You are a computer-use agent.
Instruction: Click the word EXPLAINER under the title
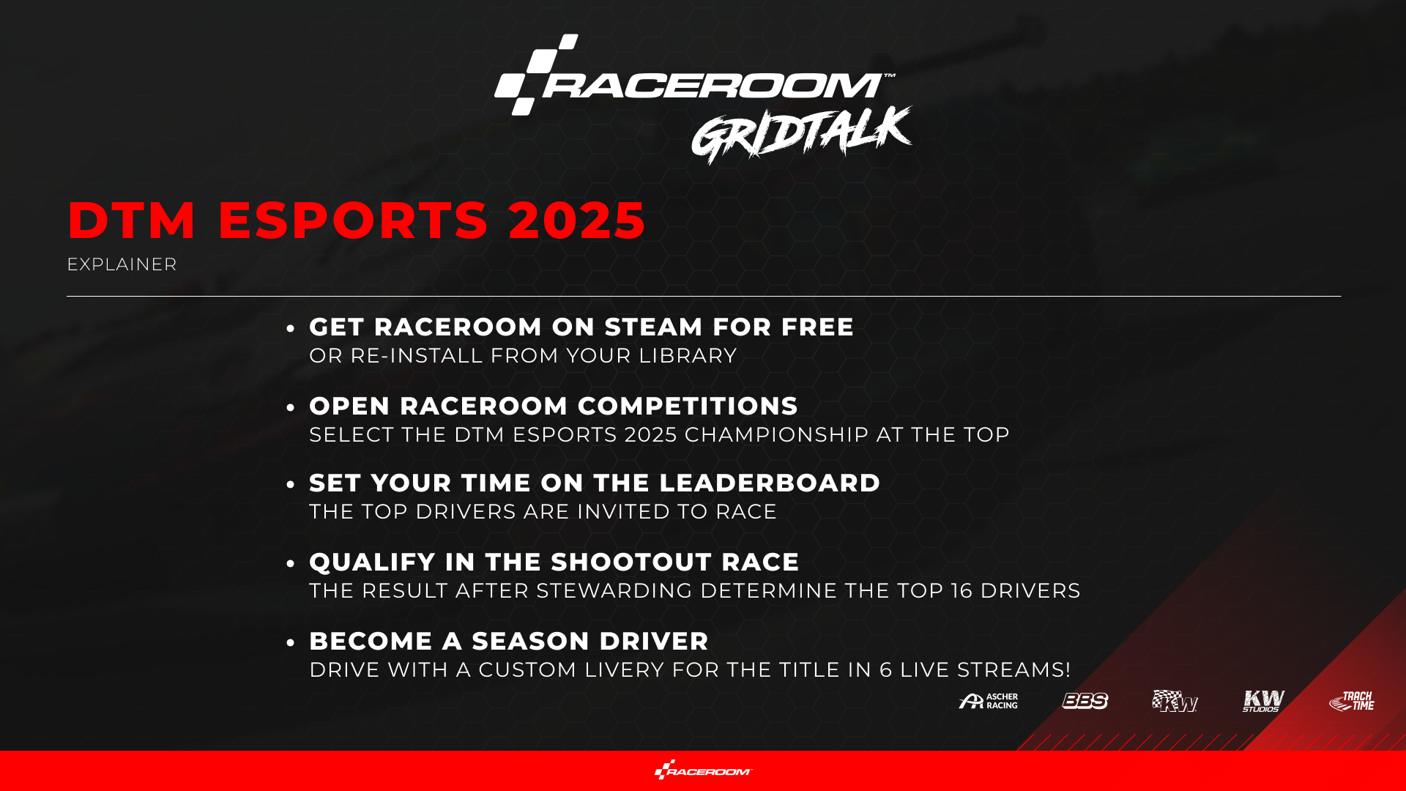point(122,264)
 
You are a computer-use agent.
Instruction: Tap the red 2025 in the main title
point(577,220)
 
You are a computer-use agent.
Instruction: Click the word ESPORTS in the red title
point(353,220)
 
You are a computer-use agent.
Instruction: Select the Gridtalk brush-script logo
point(802,135)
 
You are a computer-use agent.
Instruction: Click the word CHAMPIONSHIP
point(776,435)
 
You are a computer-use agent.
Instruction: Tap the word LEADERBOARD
point(770,483)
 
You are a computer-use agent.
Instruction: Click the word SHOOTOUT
point(631,562)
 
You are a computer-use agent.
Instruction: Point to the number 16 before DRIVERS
point(961,591)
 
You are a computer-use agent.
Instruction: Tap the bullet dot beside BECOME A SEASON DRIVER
point(291,643)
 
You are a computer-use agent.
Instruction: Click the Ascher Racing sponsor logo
point(988,702)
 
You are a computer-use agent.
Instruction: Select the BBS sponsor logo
point(1085,701)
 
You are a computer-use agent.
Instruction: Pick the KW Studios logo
point(1263,701)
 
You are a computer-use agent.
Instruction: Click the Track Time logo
point(1352,701)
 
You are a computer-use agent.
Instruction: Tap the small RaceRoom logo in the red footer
point(703,770)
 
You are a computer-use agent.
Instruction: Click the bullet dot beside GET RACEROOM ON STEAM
point(291,329)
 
